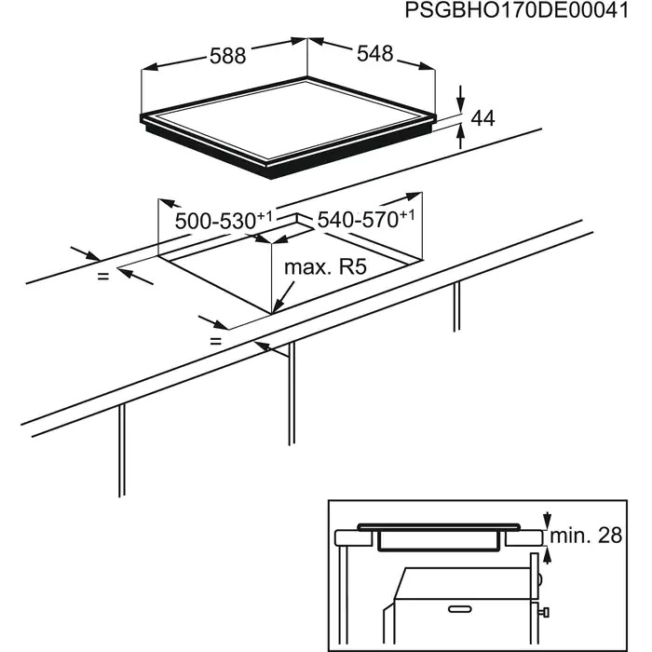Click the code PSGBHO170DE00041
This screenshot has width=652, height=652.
(517, 10)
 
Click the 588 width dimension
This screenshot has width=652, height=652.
(228, 56)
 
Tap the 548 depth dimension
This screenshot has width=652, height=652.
(374, 54)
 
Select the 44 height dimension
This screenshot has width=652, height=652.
(482, 118)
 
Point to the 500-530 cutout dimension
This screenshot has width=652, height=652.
(224, 221)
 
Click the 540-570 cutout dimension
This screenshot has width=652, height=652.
(366, 219)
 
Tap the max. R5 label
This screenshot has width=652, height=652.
(326, 267)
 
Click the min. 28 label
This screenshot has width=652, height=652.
(586, 536)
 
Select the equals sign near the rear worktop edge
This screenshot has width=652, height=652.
(102, 276)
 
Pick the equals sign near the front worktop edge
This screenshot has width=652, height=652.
(215, 342)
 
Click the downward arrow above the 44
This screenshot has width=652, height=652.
(460, 99)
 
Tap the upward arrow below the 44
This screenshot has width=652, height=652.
(460, 136)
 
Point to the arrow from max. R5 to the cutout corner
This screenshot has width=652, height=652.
(283, 297)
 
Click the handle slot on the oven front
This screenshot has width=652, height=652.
(460, 609)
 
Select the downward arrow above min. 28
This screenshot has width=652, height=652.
(548, 520)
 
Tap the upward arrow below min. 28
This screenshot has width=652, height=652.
(548, 555)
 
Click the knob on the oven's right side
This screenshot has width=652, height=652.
(545, 612)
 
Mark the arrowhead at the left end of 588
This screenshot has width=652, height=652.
(149, 67)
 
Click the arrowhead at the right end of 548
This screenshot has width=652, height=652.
(428, 66)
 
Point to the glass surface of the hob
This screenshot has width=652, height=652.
(288, 119)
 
